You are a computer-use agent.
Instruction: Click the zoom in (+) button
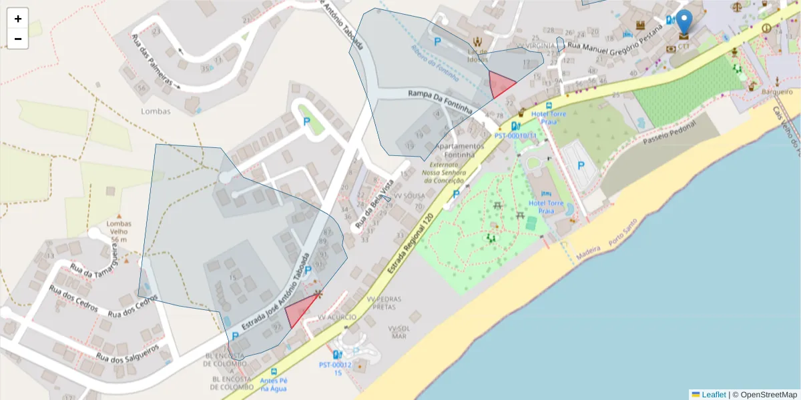[18, 19]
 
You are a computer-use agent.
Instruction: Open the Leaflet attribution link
[713, 395]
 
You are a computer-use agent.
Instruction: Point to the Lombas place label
[156, 111]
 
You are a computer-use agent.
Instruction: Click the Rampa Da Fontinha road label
[441, 101]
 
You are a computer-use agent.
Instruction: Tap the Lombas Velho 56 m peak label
[119, 231]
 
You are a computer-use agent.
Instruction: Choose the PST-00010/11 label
[515, 135]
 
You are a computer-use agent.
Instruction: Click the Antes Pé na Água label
[274, 383]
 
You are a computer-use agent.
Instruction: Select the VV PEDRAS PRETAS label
[384, 303]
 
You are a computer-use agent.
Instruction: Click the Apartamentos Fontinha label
[459, 150]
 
